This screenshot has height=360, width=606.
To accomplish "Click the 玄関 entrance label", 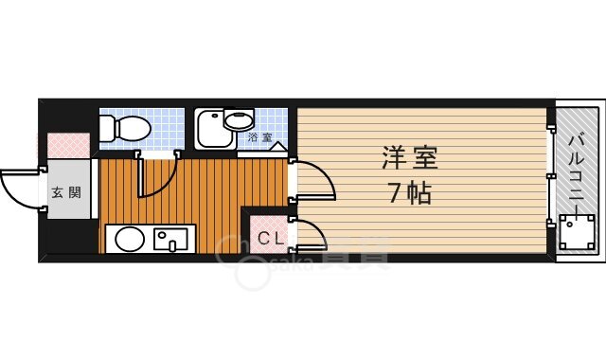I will click(65, 192).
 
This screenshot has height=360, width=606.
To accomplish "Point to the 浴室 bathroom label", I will click(259, 138).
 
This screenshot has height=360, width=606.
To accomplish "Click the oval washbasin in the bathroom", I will click(240, 120).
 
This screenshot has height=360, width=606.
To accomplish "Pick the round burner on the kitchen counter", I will click(125, 240).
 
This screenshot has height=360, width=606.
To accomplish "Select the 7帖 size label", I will click(409, 193).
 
